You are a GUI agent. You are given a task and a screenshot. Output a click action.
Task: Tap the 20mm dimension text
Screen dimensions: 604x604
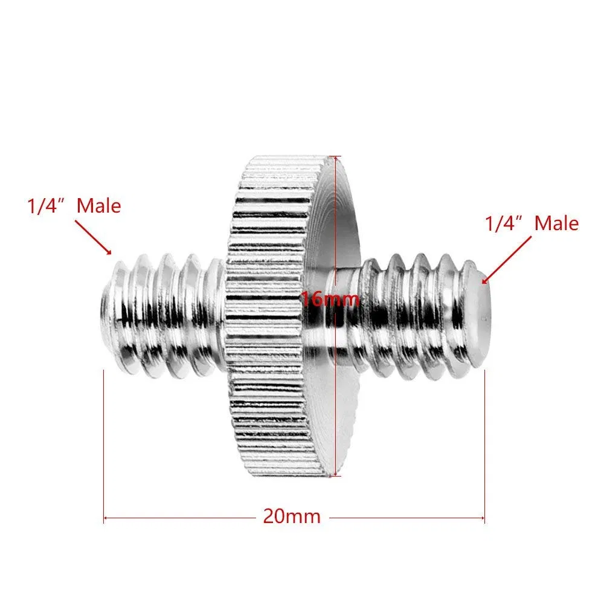pyautogui.click(x=292, y=516)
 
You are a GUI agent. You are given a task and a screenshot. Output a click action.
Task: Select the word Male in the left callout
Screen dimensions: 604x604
pyautogui.click(x=99, y=206)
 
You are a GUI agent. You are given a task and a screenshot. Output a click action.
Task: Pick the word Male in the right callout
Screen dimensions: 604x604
pyautogui.click(x=557, y=223)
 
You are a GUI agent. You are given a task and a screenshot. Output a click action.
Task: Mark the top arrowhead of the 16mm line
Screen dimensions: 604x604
pyautogui.click(x=334, y=159)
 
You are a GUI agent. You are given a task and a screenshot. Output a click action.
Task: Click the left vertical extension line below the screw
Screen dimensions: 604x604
pyautogui.click(x=104, y=441)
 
